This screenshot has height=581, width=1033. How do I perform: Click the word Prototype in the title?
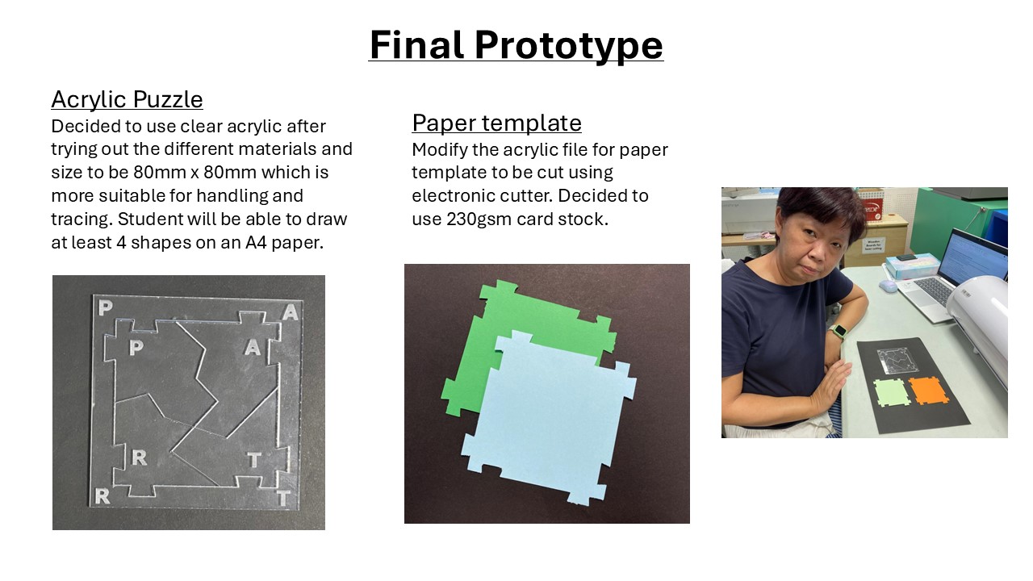tap(568, 45)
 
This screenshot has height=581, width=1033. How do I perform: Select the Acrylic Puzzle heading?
tap(127, 99)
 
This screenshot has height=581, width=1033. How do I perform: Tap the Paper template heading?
tap(496, 123)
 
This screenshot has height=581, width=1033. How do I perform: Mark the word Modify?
tap(440, 150)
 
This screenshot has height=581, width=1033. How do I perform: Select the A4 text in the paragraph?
tap(256, 243)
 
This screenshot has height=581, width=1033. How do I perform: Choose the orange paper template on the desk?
tap(928, 391)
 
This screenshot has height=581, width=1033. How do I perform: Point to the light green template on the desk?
tap(892, 393)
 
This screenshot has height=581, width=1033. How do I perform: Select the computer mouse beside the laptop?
tap(887, 286)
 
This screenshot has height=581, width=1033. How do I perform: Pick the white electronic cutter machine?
tap(980, 323)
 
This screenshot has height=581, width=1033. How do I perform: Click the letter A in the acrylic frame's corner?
tap(291, 312)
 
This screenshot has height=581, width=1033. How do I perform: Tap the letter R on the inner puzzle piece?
tap(140, 458)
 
